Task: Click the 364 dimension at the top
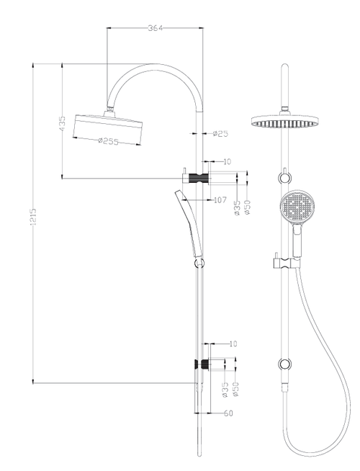155,28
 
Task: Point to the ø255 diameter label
108,140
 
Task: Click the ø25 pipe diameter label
220,133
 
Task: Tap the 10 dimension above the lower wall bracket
232,344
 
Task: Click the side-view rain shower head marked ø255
106,128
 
